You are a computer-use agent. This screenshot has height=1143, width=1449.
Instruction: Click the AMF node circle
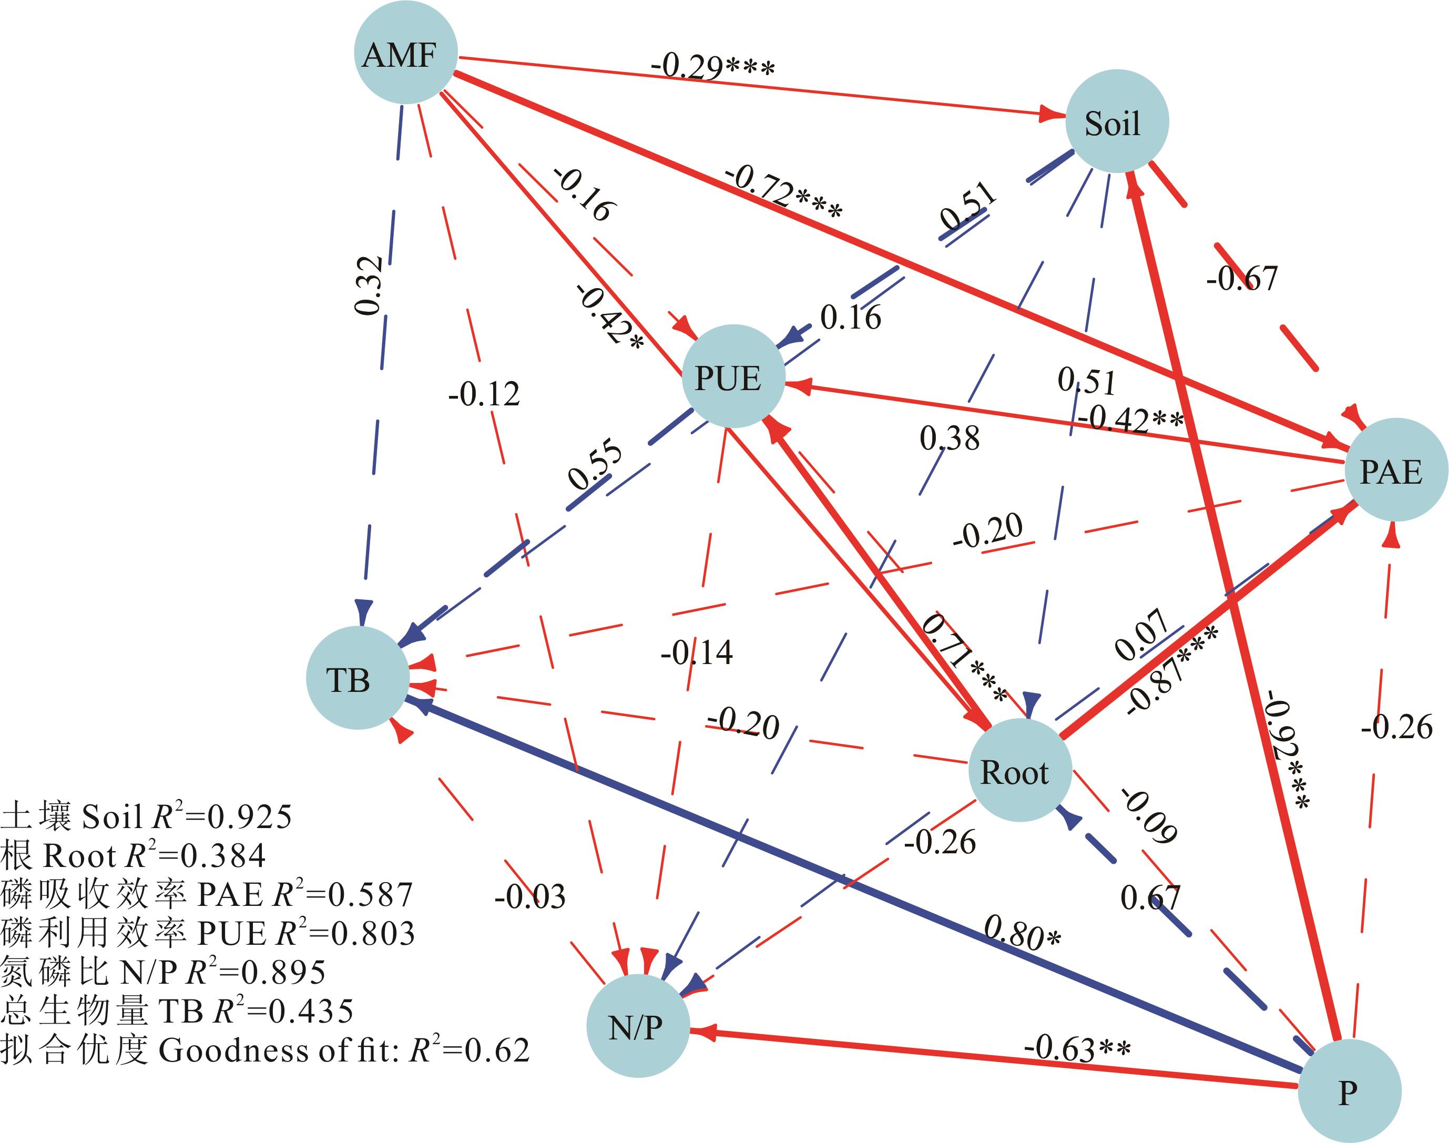(405, 53)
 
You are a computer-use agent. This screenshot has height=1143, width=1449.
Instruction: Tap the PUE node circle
(732, 376)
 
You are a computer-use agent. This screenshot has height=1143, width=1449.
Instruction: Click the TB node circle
(358, 679)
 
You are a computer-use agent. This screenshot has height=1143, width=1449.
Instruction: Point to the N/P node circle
(638, 1026)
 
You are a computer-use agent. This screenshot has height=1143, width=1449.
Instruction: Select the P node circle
(1349, 1091)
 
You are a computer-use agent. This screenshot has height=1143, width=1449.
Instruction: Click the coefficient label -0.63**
(1077, 1048)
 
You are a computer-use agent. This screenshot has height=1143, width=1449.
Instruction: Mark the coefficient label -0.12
(484, 394)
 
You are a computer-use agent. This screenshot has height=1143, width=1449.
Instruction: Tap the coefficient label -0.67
(1241, 278)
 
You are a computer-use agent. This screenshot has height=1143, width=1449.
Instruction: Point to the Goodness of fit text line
(265, 1050)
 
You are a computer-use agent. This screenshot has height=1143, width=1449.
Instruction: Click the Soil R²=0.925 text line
(146, 817)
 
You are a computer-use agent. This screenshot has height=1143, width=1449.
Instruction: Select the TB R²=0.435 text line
(177, 1011)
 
